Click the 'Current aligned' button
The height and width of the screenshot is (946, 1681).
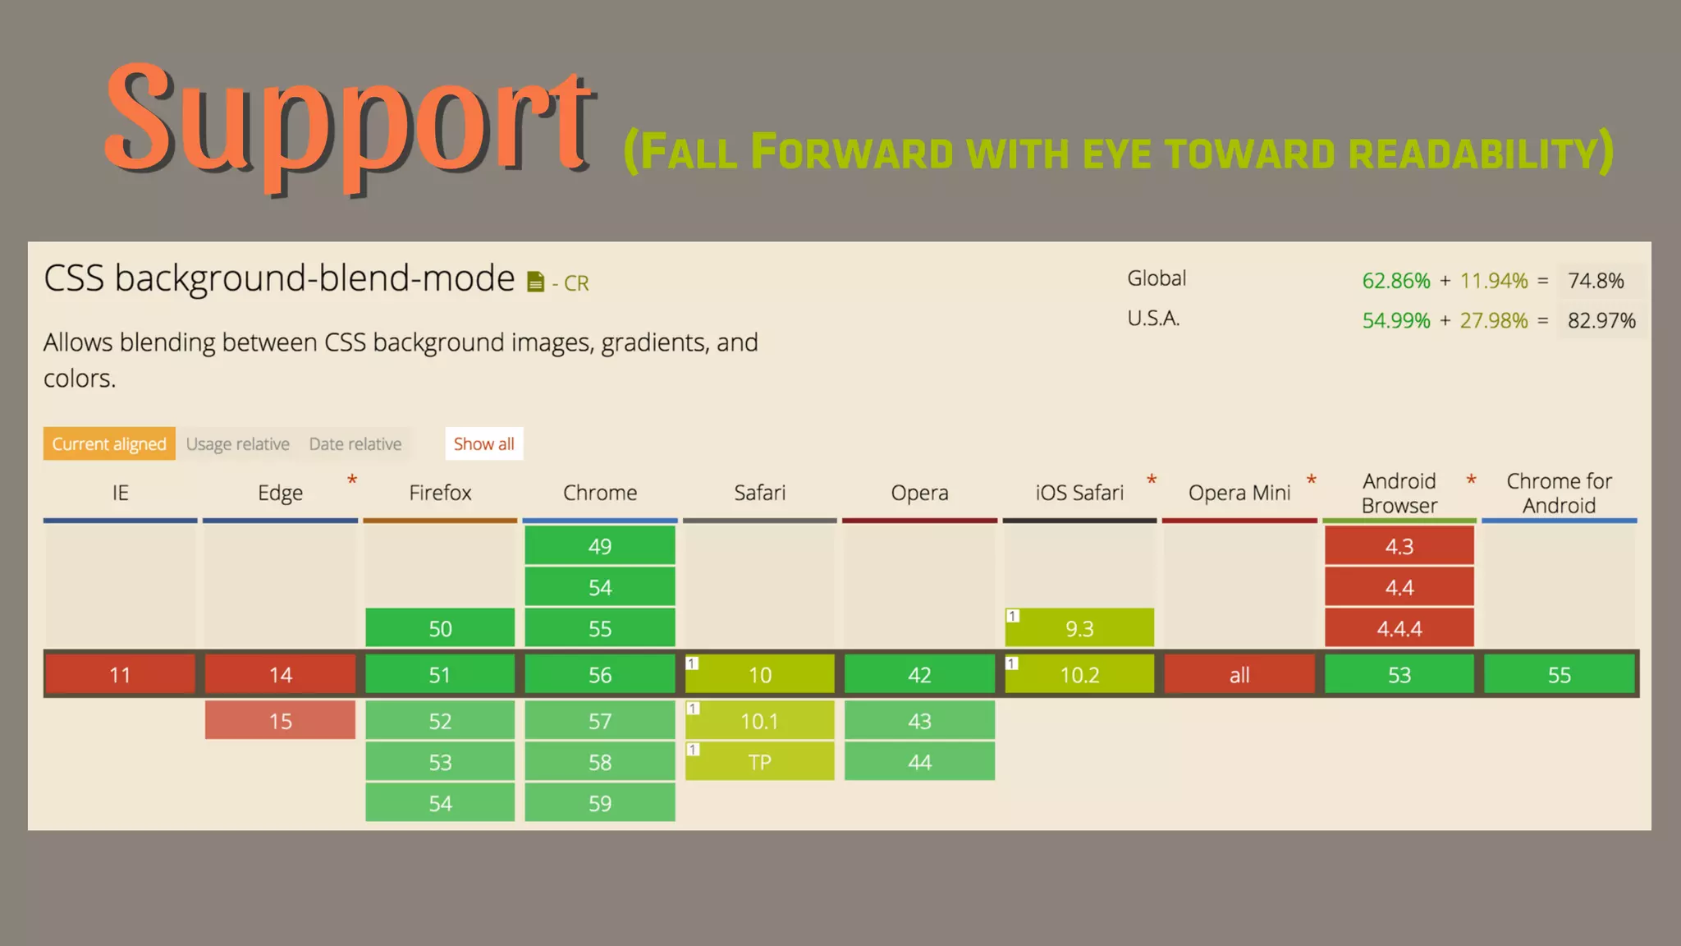[x=109, y=443]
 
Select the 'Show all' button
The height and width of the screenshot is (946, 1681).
[x=483, y=443]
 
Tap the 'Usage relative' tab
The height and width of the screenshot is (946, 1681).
[x=238, y=443]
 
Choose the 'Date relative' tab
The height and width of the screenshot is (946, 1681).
[x=355, y=443]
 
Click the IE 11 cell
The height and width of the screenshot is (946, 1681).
[x=120, y=674]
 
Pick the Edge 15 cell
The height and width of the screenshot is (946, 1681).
[x=280, y=720]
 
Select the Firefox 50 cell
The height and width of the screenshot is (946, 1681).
[x=440, y=628]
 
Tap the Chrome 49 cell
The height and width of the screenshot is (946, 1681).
[x=600, y=546]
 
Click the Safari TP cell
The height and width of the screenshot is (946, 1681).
[x=760, y=761]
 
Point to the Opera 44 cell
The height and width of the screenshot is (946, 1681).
[x=919, y=761]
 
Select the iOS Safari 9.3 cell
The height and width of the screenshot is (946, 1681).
[x=1079, y=628]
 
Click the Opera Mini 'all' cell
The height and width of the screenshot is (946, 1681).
[x=1239, y=674]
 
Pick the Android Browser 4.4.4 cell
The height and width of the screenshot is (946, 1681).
[x=1399, y=628]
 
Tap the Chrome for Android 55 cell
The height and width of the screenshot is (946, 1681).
[x=1559, y=674]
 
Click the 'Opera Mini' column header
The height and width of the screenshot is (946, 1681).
[x=1239, y=493]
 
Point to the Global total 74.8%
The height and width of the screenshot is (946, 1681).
[x=1596, y=281]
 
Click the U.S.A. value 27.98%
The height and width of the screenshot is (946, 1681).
[x=1494, y=320]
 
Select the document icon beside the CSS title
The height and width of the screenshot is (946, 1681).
[x=535, y=282]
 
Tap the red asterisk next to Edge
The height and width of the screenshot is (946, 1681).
[x=352, y=480]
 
